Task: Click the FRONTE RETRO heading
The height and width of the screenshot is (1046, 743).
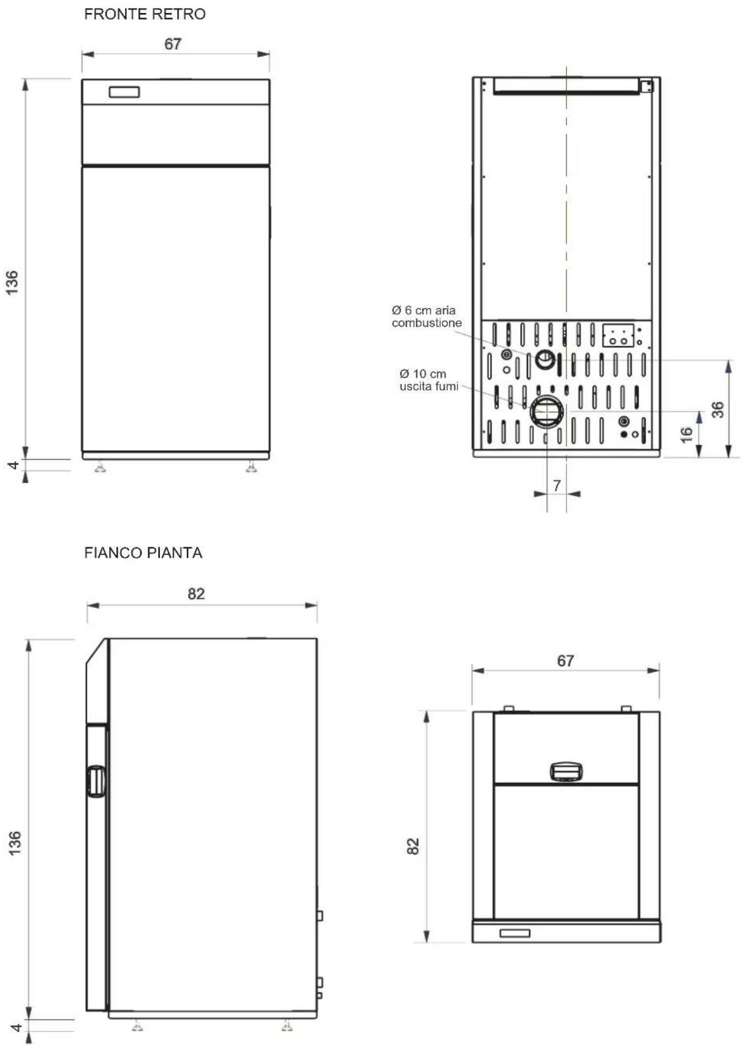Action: [x=145, y=14]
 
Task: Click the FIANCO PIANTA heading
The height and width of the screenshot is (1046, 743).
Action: [x=143, y=553]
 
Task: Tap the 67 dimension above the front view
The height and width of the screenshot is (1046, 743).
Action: [x=172, y=44]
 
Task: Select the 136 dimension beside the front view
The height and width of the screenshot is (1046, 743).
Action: [x=12, y=282]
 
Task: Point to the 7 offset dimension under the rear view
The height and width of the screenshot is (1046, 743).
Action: [x=556, y=485]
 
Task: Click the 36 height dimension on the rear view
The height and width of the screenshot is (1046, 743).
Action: [x=718, y=410]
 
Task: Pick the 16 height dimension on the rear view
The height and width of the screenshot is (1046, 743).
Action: [x=686, y=434]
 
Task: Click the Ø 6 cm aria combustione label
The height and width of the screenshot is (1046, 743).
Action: [x=427, y=316]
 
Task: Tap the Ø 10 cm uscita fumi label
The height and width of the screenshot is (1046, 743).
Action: [x=428, y=380]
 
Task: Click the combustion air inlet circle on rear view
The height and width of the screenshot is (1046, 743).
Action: [x=545, y=359]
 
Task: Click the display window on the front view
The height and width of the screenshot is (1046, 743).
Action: [x=124, y=92]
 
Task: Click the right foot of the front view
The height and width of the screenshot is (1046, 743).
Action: [x=252, y=468]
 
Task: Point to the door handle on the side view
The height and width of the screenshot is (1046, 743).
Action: [x=96, y=780]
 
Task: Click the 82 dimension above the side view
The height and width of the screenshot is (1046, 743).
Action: [x=196, y=594]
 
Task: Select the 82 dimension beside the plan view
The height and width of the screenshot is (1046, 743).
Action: [x=413, y=846]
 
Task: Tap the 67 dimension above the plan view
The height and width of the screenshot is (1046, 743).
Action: [x=565, y=661]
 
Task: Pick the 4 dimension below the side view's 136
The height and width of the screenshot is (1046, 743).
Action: [x=17, y=1026]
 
